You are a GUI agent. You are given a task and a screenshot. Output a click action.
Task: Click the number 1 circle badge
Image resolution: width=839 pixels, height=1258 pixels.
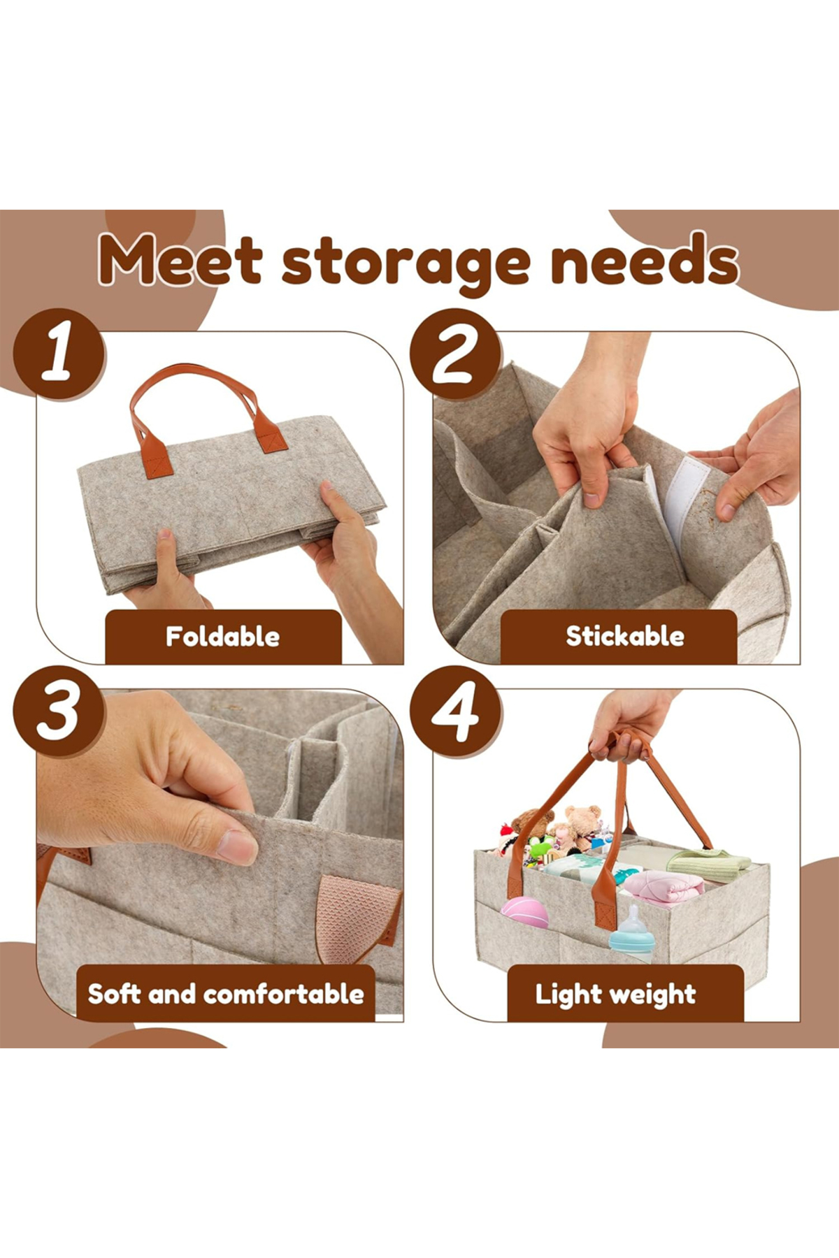[x=59, y=354]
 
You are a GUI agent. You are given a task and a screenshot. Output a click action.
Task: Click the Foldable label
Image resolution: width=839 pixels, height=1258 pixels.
[x=223, y=637]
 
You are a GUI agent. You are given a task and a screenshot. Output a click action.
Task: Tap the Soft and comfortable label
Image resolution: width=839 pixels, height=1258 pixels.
[x=226, y=993]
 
